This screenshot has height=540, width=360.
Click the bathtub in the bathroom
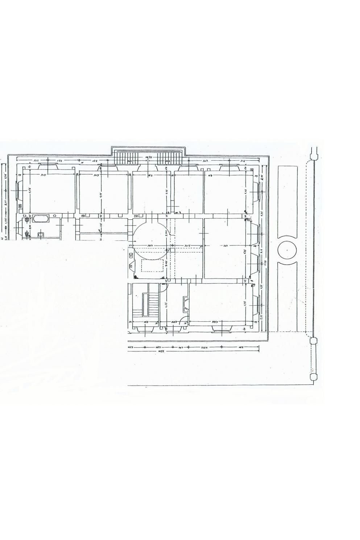point(41,219)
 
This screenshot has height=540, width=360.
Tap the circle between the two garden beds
point(287,250)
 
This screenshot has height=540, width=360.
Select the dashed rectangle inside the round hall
point(152,266)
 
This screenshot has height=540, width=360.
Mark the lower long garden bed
point(287,296)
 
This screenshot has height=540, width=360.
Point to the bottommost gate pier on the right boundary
point(314,377)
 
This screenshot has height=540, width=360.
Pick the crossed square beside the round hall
point(131,256)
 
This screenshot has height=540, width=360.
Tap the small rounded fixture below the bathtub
point(41,235)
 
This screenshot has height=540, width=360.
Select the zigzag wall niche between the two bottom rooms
point(186,304)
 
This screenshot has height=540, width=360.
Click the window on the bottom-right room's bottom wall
point(222,327)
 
